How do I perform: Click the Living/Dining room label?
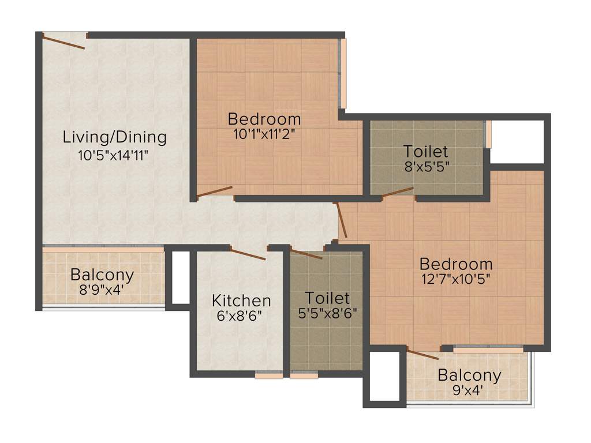[x=114, y=137]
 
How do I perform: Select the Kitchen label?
[x=241, y=301]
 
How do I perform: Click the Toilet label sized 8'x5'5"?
[x=426, y=152]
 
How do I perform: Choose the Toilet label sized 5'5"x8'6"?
[x=327, y=298]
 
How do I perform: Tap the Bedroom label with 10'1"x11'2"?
[x=264, y=119]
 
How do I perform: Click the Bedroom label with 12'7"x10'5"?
[x=456, y=264]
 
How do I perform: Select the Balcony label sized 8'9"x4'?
[x=102, y=275]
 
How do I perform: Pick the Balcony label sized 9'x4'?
[x=469, y=376]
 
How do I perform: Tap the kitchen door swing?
[x=248, y=254]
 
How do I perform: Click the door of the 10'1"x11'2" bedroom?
[x=215, y=192]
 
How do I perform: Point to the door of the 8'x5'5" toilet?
[x=398, y=192]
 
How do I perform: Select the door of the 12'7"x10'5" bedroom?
[x=341, y=220]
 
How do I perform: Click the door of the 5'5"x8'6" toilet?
[x=306, y=254]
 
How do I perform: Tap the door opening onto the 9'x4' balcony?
[x=422, y=354]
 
